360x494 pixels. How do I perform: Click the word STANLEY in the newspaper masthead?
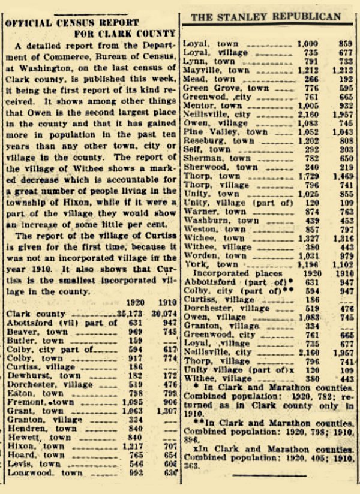coord(247,17)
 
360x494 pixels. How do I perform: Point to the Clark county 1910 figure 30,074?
coord(165,313)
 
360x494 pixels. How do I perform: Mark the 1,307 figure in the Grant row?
coord(166,411)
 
